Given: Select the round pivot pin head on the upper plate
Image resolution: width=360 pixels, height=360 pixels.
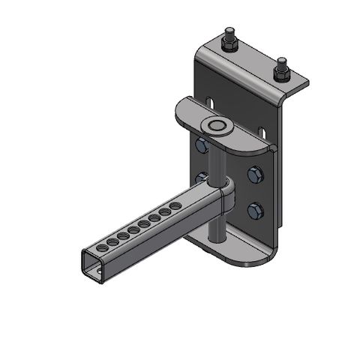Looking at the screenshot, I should (217, 124).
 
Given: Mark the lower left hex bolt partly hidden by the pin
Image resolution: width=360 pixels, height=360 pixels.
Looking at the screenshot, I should (200, 178).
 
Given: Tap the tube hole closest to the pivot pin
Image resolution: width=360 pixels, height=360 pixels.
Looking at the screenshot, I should (175, 204).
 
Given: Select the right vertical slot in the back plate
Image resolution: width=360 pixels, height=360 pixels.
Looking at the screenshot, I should (265, 124).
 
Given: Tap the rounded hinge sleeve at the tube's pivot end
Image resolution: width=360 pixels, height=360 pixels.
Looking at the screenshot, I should (226, 196).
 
